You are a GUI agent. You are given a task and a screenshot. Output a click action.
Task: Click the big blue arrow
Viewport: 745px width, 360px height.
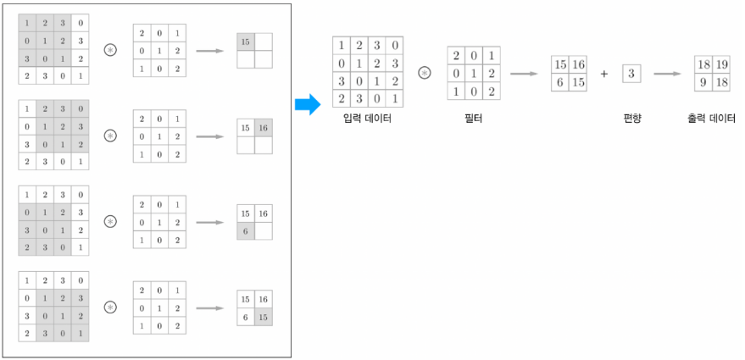(x=307, y=105)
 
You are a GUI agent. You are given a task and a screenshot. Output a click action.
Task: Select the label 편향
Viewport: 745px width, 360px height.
(x=631, y=119)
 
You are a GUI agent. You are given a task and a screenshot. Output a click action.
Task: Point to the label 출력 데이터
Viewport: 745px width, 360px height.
(x=712, y=119)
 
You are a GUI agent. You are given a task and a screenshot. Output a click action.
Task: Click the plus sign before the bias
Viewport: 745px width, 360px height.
(x=604, y=74)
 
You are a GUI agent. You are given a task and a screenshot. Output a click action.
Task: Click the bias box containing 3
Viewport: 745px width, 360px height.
(x=631, y=74)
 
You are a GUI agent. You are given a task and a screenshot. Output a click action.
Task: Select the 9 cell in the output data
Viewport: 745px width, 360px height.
(x=703, y=82)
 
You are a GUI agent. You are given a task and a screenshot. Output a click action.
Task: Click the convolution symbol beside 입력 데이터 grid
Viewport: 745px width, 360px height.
(x=425, y=74)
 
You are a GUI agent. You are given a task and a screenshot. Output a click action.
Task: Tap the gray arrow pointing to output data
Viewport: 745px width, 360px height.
(x=668, y=74)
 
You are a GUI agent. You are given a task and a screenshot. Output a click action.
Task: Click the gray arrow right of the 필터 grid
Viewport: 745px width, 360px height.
(x=525, y=74)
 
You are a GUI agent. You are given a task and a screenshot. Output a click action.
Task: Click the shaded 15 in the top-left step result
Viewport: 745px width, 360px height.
(x=246, y=42)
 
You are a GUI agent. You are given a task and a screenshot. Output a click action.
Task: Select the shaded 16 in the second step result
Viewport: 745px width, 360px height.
(x=264, y=127)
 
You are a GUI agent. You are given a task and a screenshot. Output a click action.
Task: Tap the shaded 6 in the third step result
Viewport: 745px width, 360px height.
(x=246, y=230)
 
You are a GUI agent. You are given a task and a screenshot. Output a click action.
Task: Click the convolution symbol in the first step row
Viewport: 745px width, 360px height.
(x=110, y=51)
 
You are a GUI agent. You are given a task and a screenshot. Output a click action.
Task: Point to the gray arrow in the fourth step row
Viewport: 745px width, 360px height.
(x=210, y=307)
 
